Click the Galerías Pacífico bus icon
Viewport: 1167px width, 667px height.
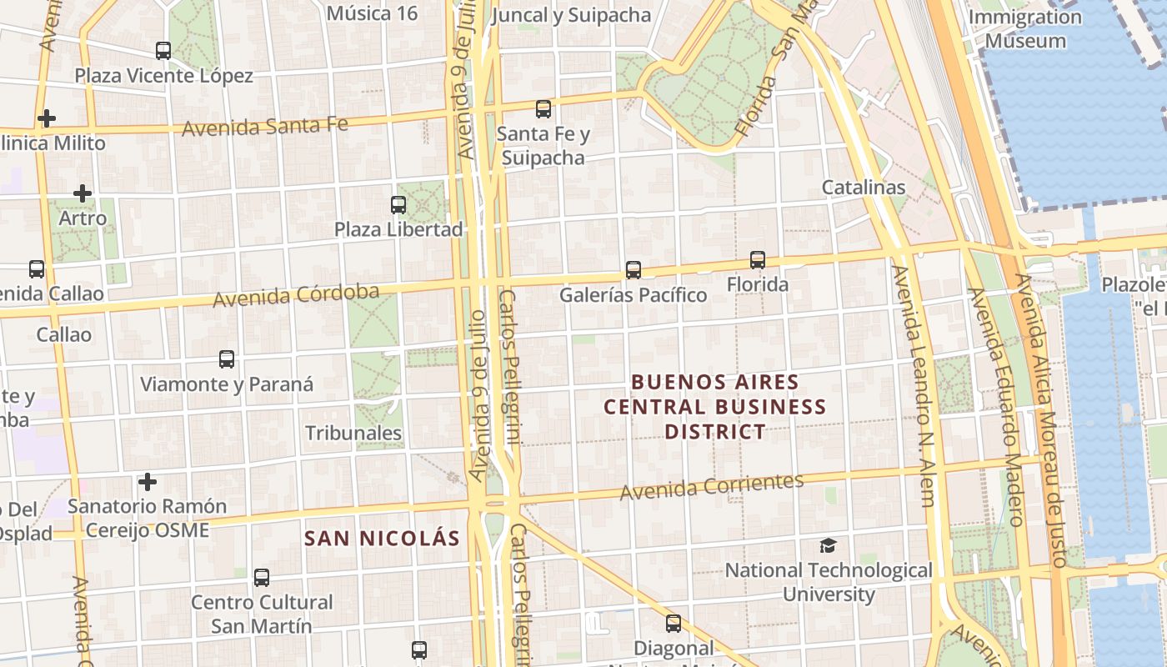pos(634,270)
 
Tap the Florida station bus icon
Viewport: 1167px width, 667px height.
pos(758,260)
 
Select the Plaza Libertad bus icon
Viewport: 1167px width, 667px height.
pos(398,204)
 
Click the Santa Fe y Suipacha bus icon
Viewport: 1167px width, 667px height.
pos(543,108)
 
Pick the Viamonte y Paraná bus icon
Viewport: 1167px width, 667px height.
pos(227,359)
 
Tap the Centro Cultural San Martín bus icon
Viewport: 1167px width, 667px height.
pos(262,577)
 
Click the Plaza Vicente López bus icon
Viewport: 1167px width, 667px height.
pos(163,51)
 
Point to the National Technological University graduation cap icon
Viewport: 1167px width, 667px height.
pos(828,545)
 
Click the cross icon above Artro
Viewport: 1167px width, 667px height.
pos(83,193)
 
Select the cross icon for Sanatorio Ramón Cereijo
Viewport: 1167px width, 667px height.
pos(148,482)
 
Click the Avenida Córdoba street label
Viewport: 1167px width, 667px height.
pos(296,295)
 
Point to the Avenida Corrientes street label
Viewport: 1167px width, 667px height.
pos(712,485)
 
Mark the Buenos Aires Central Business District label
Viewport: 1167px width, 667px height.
pos(714,407)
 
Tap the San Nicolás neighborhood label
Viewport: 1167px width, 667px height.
pos(382,539)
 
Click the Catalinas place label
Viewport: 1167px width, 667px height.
pos(864,187)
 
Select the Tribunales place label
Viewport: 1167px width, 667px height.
pos(353,434)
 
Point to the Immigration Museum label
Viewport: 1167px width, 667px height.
pos(1024,28)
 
